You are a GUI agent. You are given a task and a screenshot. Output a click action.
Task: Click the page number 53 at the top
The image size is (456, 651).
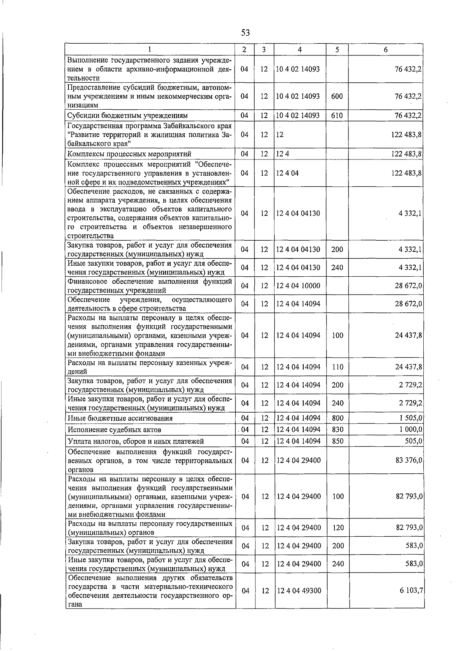coord(245,33)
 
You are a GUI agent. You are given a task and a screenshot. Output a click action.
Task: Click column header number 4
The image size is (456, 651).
coord(300,50)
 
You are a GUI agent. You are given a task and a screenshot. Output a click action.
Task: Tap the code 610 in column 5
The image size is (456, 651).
coord(337,115)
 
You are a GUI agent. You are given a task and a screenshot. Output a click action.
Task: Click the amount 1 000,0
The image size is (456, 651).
coord(410,429)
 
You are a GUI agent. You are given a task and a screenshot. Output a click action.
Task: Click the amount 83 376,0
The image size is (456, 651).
coord(409,460)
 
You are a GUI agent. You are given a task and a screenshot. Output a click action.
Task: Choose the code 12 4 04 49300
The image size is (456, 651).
coord(299,591)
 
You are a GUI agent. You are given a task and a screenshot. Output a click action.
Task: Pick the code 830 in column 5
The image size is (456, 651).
coord(337,429)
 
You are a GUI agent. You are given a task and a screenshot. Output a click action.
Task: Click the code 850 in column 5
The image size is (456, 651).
coord(337,441)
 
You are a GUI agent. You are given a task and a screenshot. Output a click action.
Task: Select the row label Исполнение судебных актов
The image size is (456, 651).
coord(114,430)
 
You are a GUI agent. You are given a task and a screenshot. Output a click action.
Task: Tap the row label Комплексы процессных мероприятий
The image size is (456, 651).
coord(129,154)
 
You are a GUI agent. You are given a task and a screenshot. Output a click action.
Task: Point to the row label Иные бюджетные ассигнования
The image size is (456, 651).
coord(120,418)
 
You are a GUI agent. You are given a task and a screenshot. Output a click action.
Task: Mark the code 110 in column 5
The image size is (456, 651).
coord(337,367)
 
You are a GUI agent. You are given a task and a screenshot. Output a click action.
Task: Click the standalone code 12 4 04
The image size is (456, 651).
coord(288,173)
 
